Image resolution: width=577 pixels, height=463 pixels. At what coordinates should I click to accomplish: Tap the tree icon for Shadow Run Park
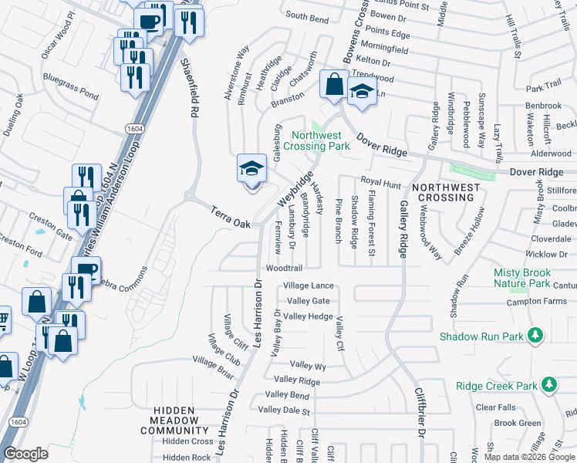(534, 336)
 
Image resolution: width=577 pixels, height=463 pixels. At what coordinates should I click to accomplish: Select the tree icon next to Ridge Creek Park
(548, 384)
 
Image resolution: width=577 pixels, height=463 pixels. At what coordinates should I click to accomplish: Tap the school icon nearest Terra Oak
(251, 169)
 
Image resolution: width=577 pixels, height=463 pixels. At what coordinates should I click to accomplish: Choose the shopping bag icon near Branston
(335, 84)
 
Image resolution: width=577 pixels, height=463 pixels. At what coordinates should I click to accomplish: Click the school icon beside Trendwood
(360, 92)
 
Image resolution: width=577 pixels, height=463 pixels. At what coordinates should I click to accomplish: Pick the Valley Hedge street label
(308, 316)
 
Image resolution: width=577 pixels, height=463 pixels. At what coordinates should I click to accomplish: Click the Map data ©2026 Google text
(528, 457)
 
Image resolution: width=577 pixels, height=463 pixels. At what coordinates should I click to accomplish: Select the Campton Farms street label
(536, 302)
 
